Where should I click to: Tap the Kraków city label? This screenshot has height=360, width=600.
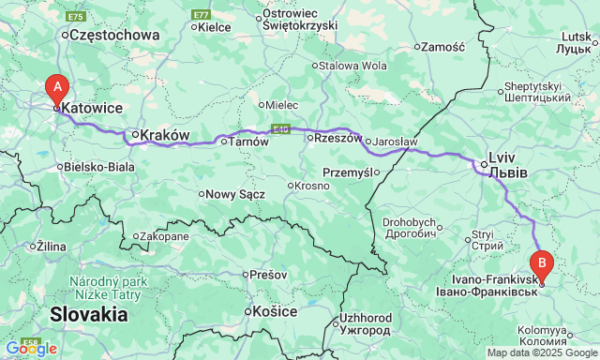pyautogui.click(x=168, y=135)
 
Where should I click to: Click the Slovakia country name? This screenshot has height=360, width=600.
pyautogui.click(x=89, y=314)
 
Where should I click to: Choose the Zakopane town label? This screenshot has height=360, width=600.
pyautogui.click(x=168, y=236)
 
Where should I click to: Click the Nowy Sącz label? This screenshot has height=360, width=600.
pyautogui.click(x=235, y=194)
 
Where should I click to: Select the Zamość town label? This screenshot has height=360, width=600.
pyautogui.click(x=443, y=46)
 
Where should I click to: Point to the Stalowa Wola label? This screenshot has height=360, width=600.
pyautogui.click(x=352, y=66)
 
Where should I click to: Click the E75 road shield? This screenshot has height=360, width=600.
pyautogui.click(x=75, y=16)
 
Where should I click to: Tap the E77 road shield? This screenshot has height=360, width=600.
pyautogui.click(x=200, y=15)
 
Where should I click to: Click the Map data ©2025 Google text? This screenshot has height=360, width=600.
pyautogui.click(x=542, y=353)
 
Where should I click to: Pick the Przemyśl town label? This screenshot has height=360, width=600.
pyautogui.click(x=347, y=172)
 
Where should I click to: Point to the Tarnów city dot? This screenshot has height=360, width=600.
pyautogui.click(x=222, y=142)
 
